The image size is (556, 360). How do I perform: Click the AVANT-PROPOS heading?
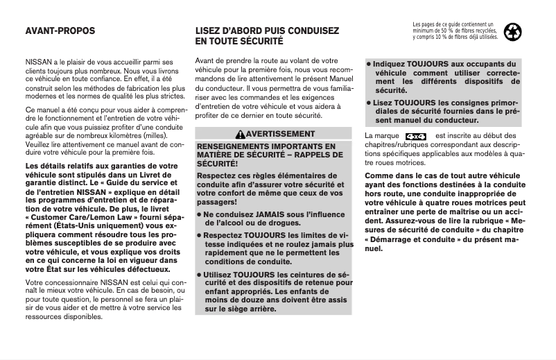(60, 31)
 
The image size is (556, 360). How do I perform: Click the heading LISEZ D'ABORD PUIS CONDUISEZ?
(267, 31)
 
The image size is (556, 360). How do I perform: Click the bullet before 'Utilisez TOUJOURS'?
(200, 275)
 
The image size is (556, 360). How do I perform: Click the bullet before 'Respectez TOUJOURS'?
(200, 235)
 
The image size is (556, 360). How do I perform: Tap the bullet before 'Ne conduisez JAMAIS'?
(200, 215)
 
